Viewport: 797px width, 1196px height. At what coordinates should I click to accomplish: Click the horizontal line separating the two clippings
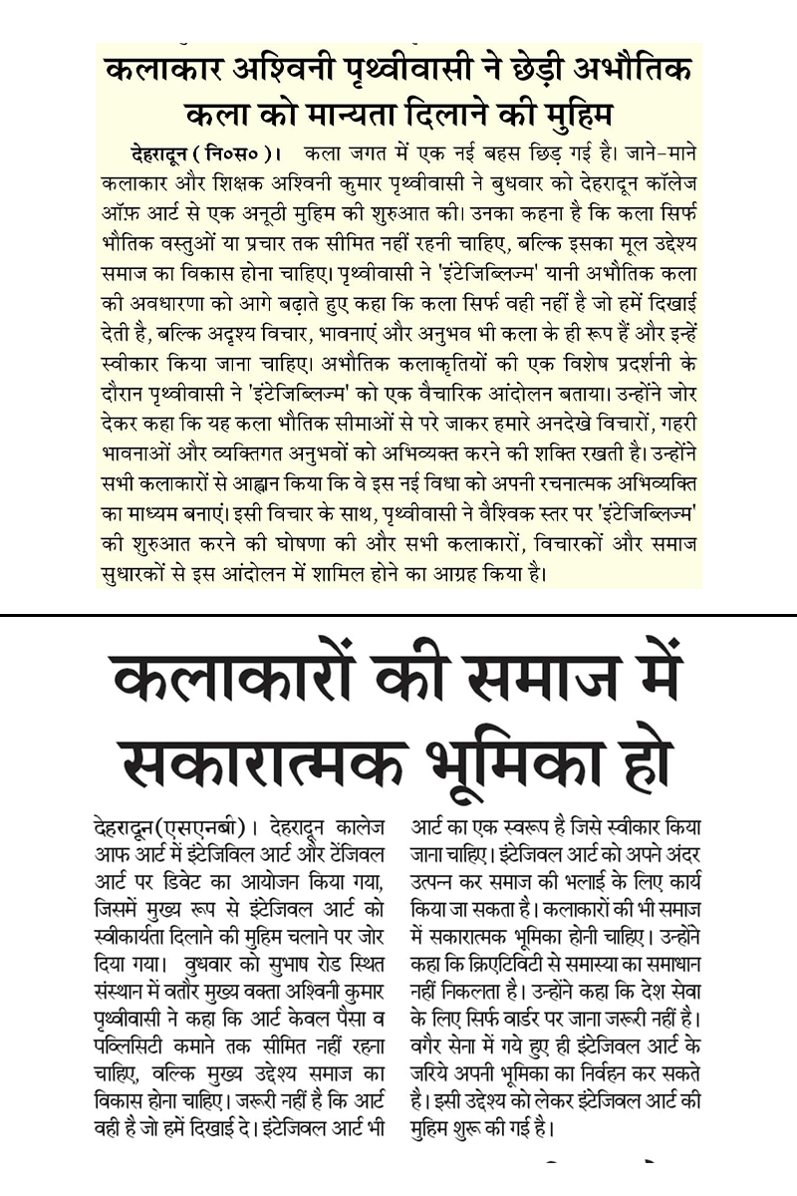(x=398, y=616)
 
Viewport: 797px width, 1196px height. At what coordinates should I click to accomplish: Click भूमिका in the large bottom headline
(x=517, y=762)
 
